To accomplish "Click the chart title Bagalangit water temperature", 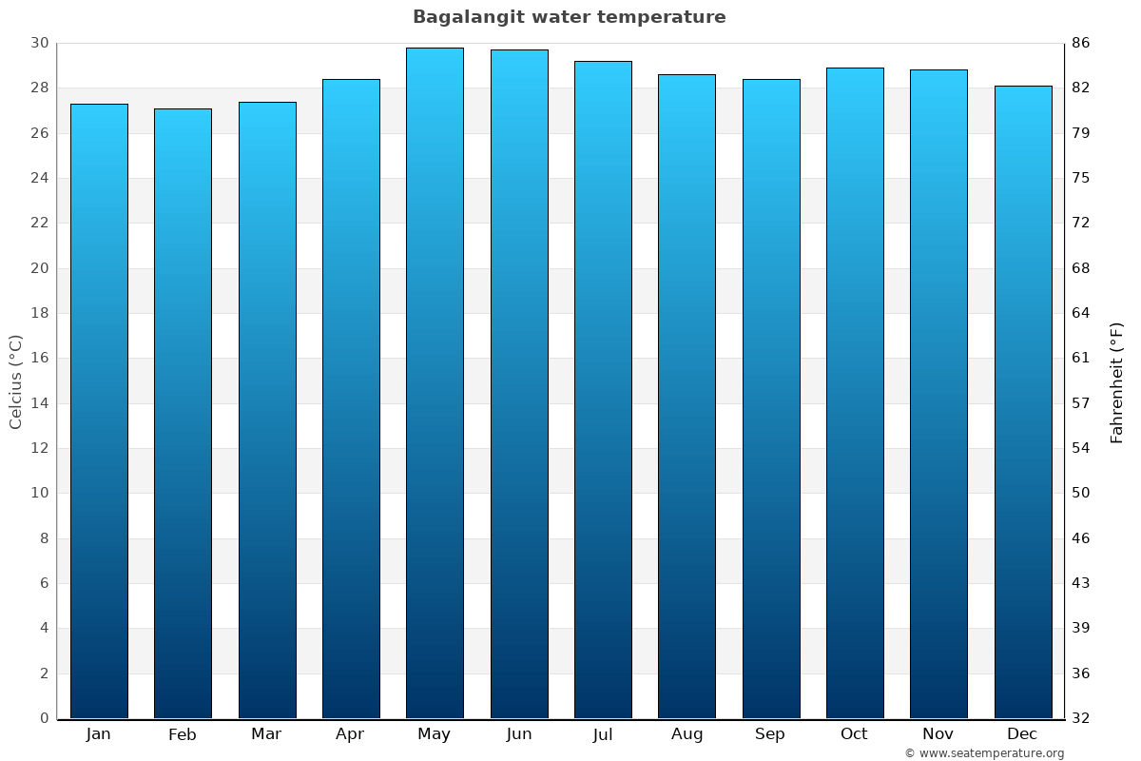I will pos(569,17).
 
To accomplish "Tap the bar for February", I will pos(183,413).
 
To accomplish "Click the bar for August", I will pos(687,396).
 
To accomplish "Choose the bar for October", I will pos(855,392).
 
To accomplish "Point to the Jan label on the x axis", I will pos(98,734).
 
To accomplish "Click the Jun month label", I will pos(519,734).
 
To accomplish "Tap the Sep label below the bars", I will pos(770,734).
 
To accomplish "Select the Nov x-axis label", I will pos(938,734).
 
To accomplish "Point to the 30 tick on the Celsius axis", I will pos(39,43).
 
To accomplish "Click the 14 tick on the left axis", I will pos(39,403).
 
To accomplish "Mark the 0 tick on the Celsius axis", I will pos(44,718).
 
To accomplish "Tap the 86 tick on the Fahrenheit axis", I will pos(1081,43).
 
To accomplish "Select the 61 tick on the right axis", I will pos(1081,359).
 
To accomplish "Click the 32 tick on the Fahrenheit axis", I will pos(1081,718).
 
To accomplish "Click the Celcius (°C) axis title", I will pos(15,381).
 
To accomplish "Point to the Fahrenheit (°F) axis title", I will pos(1117,381).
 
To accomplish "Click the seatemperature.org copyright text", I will pos(984,753).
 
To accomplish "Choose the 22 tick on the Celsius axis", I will pos(39,223).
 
